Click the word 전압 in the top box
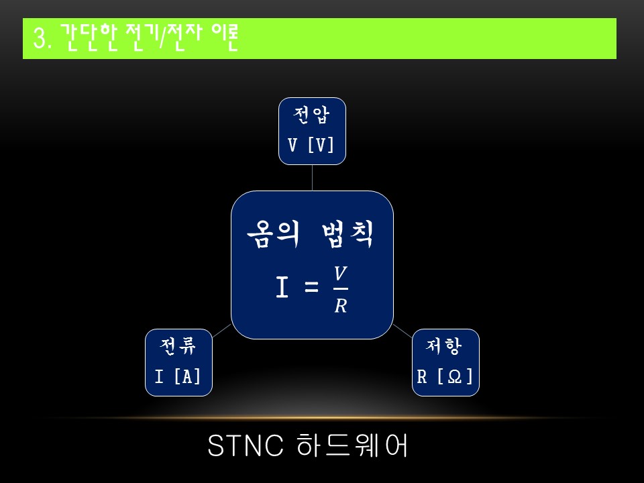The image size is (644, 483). (x=312, y=116)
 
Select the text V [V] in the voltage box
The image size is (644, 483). (x=312, y=145)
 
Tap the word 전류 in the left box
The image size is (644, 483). (x=178, y=347)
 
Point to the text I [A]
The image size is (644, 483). (x=178, y=376)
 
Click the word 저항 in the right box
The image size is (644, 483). (x=445, y=347)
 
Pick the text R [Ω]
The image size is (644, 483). (x=445, y=376)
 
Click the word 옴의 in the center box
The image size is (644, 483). (x=270, y=235)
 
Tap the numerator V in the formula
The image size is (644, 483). (x=340, y=274)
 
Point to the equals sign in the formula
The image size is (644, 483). (x=311, y=288)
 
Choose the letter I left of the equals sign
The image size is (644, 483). (x=282, y=288)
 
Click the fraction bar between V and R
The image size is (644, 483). (x=340, y=289)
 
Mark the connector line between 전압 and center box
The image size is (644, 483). (x=312, y=178)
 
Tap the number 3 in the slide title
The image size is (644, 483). (x=38, y=40)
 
